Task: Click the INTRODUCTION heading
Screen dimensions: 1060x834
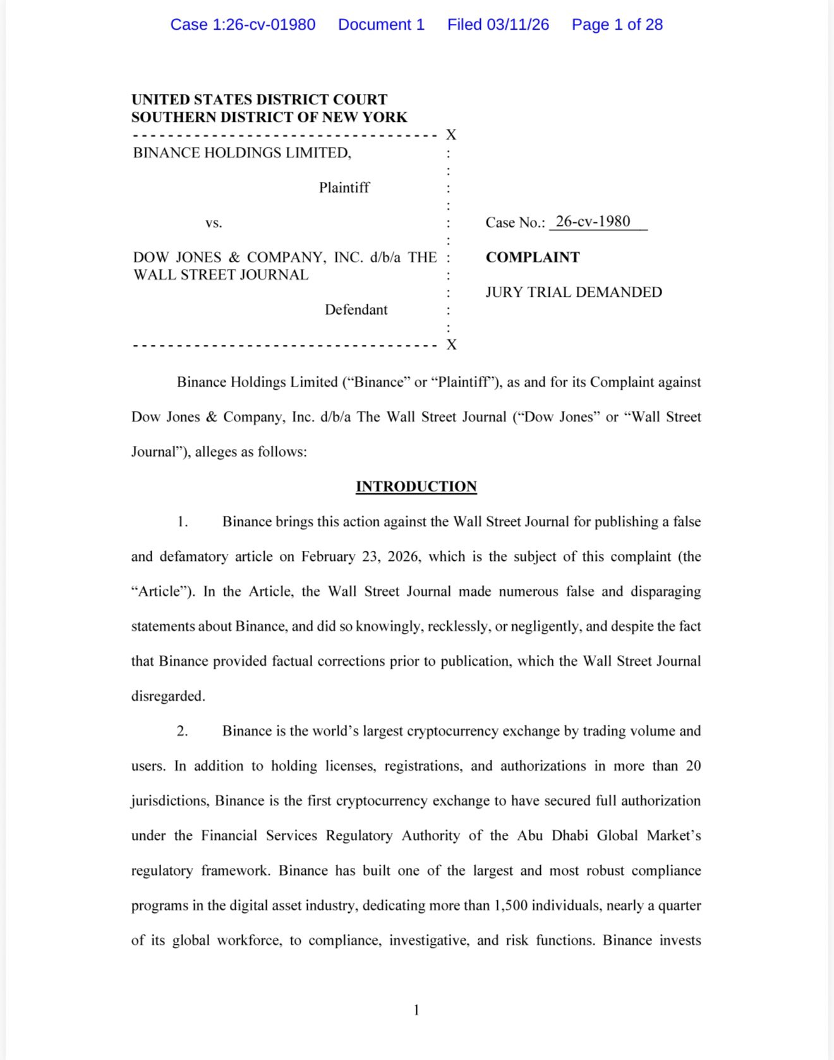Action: (416, 486)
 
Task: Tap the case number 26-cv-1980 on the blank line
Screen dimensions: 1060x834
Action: (593, 222)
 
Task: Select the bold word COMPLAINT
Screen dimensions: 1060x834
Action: (533, 257)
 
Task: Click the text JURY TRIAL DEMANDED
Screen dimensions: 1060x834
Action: (574, 292)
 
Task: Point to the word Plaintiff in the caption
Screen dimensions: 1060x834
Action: (344, 188)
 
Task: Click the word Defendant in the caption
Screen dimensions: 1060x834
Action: (356, 310)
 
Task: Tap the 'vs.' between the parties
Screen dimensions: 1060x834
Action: (214, 222)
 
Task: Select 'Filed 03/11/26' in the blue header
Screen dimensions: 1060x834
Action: (498, 25)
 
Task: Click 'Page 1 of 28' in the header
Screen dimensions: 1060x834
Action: (617, 25)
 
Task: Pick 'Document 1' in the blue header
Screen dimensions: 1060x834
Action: (381, 25)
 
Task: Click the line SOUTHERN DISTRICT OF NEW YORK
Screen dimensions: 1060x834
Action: (269, 117)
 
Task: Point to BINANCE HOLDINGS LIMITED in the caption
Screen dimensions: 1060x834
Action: (242, 152)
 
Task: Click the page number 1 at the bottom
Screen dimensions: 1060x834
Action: (416, 1010)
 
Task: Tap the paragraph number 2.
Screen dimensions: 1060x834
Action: (182, 731)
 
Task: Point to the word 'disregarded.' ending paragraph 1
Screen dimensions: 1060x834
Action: (168, 696)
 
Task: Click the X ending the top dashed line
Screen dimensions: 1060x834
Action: (451, 135)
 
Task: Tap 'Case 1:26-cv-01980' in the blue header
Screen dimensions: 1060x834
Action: (243, 25)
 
